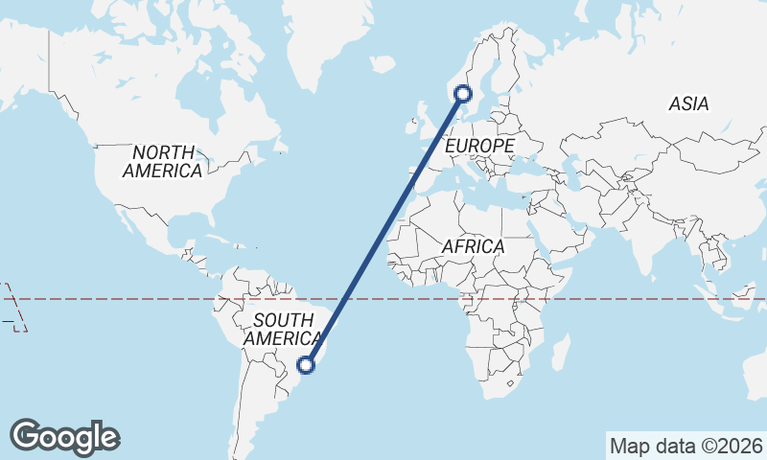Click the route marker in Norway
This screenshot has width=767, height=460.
(x=464, y=93)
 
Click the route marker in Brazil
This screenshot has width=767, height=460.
(x=307, y=364)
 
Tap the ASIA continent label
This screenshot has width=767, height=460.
(x=689, y=103)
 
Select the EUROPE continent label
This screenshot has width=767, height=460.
(x=480, y=146)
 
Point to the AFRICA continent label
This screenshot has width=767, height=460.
(x=473, y=246)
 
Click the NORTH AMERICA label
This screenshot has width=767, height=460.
(x=163, y=162)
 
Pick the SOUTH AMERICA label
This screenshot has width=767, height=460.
(x=283, y=330)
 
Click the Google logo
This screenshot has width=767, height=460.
(x=64, y=437)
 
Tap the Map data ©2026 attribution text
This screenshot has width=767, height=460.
(x=686, y=446)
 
